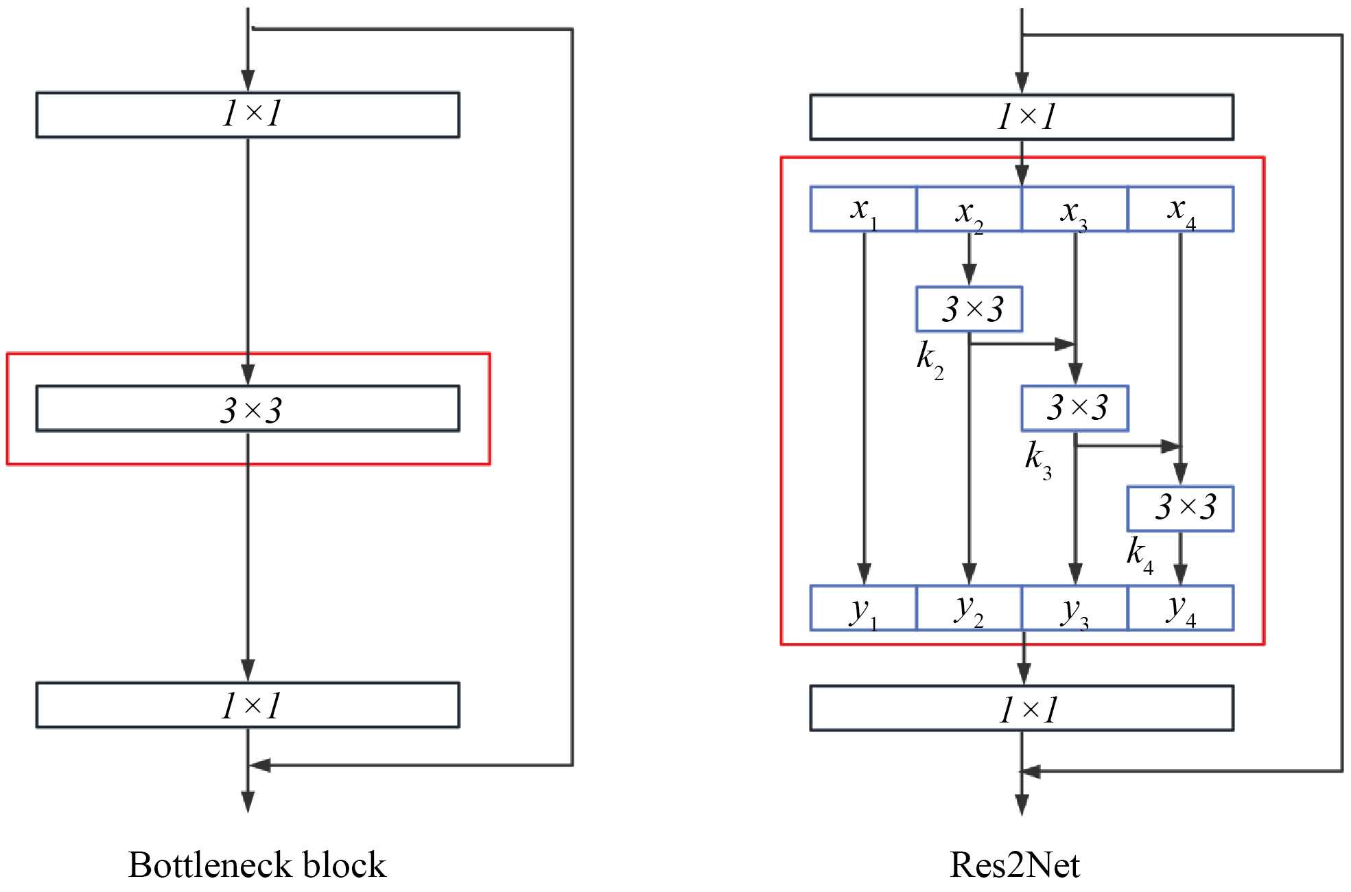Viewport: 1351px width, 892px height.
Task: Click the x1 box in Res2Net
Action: [x=863, y=209]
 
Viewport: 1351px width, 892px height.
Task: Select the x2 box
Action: [x=969, y=209]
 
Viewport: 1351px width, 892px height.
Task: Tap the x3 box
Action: [x=1074, y=209]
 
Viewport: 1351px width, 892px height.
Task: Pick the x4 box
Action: [x=1180, y=209]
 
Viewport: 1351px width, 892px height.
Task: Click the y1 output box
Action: [x=863, y=608]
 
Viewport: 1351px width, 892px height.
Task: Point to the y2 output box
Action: [x=969, y=608]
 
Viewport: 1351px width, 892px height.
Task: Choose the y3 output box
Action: [x=1074, y=608]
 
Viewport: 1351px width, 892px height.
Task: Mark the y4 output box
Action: [x=1180, y=608]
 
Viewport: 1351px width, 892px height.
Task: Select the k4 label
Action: [x=1140, y=554]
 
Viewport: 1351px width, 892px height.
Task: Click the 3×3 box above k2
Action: [x=969, y=309]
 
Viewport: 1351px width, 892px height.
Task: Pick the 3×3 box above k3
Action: [x=1074, y=408]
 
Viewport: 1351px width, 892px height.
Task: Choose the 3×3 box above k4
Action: [x=1180, y=508]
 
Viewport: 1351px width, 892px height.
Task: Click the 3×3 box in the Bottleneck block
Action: [x=248, y=409]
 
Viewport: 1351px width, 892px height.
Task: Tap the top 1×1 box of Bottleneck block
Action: [x=248, y=115]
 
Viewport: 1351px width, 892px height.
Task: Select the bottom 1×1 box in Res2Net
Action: [x=1022, y=708]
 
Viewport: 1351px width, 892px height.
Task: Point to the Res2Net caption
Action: [x=1014, y=865]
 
